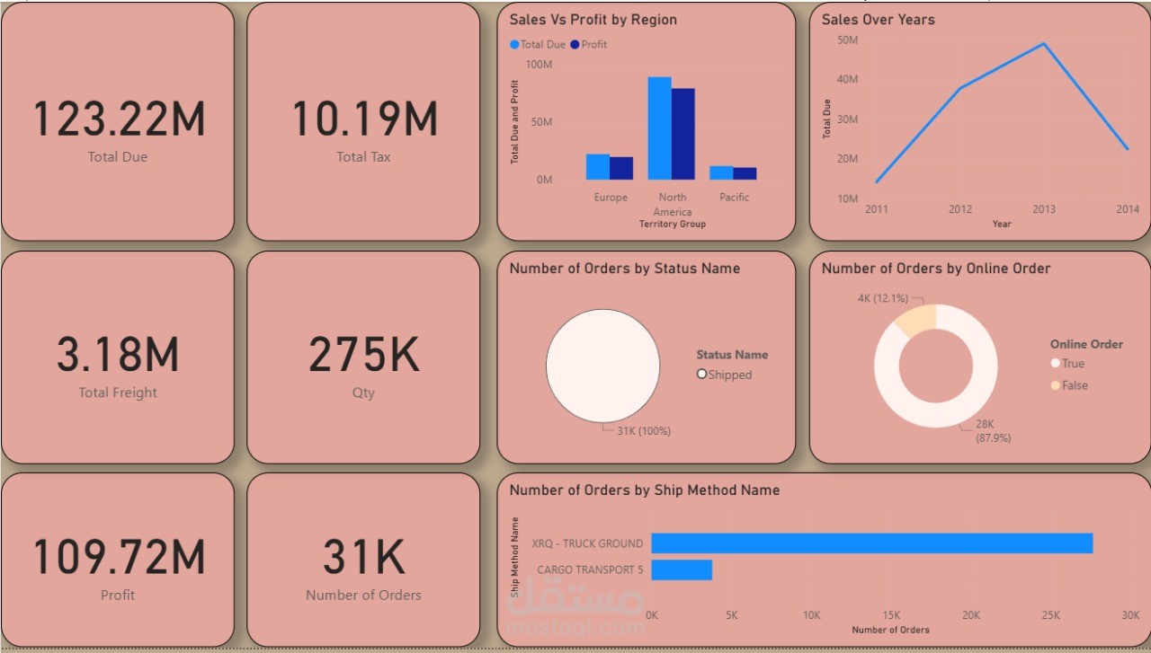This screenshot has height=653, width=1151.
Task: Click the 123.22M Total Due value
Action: point(119,119)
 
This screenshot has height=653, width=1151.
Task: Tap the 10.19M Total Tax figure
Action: point(364,119)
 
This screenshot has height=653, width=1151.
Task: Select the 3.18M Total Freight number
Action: point(118,355)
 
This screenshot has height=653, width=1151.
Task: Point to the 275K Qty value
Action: point(364,355)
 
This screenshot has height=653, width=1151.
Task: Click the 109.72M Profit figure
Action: point(119,557)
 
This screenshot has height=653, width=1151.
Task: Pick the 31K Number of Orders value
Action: point(364,557)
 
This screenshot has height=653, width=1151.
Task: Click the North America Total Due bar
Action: point(659,128)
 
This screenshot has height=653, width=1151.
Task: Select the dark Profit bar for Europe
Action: point(621,168)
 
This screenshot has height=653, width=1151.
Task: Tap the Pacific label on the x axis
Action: point(734,197)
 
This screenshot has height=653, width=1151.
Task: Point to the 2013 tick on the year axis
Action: point(1044,209)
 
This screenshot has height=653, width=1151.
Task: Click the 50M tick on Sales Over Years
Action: point(847,40)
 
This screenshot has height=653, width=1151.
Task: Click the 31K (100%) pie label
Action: point(643,431)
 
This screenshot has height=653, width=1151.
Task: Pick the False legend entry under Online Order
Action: point(1075,385)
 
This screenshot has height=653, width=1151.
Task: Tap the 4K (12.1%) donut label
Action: point(883,298)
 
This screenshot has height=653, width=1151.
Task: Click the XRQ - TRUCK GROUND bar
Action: point(871,543)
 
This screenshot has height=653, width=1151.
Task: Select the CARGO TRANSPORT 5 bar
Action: point(682,570)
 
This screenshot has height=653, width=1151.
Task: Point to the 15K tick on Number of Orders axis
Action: point(891,615)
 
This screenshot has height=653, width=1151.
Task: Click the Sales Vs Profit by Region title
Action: point(593,20)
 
